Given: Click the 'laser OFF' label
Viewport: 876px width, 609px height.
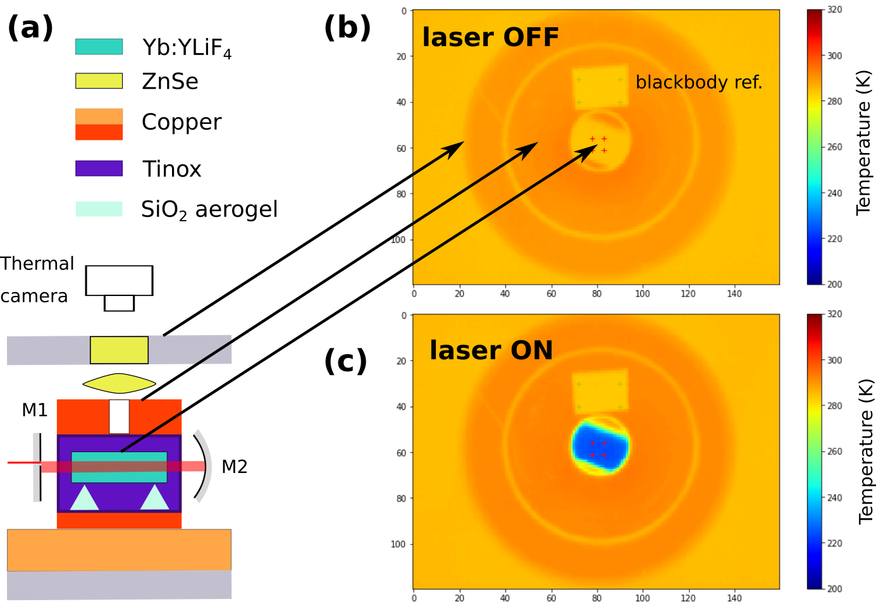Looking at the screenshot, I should pos(490,38).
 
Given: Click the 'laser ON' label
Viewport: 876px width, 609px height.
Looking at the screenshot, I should pos(491,350).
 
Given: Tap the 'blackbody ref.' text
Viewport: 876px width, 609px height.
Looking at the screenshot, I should pos(698,83).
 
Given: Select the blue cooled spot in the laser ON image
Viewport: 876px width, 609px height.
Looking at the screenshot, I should pos(600,446).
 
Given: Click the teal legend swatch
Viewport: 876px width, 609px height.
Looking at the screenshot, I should pos(99,47).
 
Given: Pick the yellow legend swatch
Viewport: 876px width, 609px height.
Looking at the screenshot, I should pos(99,81).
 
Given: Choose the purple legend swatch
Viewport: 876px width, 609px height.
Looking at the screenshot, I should pos(99,168).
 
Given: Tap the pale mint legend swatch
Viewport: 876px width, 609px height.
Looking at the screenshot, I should pos(99,209).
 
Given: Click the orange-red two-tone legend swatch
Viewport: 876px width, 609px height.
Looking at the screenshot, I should pos(99,124).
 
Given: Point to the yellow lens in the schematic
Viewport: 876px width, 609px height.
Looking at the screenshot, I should pos(119,383).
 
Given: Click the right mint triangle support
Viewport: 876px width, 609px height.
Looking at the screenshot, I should pos(155,499).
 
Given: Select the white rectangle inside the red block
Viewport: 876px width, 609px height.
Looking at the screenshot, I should pos(119,416).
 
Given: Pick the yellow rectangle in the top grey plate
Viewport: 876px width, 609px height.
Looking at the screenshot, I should pos(119,350).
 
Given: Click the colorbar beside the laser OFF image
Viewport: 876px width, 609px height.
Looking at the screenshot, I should pos(814,147).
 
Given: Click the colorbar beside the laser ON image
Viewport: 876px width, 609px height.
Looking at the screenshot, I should pos(814,452).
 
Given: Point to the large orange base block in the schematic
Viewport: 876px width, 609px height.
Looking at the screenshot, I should pos(119,550).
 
